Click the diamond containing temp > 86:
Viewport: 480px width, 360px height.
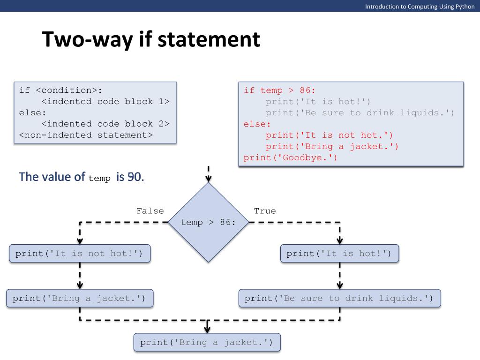point(209,222)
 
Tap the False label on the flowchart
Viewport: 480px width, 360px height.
point(150,211)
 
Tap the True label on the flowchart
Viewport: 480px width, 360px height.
point(265,211)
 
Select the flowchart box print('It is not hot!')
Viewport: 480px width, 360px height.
point(80,254)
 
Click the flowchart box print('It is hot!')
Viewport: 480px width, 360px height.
point(339,254)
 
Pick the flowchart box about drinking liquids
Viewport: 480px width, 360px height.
point(339,298)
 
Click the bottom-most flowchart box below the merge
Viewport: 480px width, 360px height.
point(207,342)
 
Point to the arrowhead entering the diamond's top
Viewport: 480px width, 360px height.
point(209,179)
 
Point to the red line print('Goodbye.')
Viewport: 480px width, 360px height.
point(291,158)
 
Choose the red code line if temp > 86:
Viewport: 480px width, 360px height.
point(280,90)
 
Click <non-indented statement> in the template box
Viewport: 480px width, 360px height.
point(86,135)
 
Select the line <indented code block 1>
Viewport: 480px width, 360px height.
point(105,101)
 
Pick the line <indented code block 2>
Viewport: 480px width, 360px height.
point(105,124)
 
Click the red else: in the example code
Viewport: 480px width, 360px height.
point(257,124)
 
